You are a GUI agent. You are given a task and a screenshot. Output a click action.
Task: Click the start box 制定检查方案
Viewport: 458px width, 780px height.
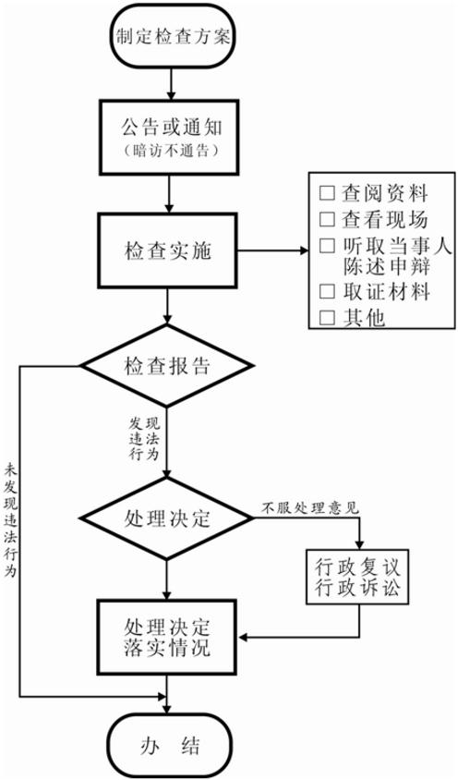172,36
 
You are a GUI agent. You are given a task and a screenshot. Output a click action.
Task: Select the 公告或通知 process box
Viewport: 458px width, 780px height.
169,138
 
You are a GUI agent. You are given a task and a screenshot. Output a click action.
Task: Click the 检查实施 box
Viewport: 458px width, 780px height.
169,250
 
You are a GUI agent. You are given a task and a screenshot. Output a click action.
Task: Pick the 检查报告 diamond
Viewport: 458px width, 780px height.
167,366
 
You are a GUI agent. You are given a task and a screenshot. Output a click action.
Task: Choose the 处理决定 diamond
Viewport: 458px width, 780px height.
167,518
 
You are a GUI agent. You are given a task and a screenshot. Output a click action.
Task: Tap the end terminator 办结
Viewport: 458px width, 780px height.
171,746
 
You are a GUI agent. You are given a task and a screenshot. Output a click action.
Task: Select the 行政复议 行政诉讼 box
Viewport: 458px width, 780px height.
357,577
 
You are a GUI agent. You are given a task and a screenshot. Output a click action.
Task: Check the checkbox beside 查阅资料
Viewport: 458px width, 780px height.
327,193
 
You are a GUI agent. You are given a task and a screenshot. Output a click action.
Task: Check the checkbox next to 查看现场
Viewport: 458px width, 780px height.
327,219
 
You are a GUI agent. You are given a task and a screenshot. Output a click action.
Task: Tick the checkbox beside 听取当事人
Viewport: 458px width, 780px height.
327,245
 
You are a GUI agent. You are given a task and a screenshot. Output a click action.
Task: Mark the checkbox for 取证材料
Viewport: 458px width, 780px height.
327,291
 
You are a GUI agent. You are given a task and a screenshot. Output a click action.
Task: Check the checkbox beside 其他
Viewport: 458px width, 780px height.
327,317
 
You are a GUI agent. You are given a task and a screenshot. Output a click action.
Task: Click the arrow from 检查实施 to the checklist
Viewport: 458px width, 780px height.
274,250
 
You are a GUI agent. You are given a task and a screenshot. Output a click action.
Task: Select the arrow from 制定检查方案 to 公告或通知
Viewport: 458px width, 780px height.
171,84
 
